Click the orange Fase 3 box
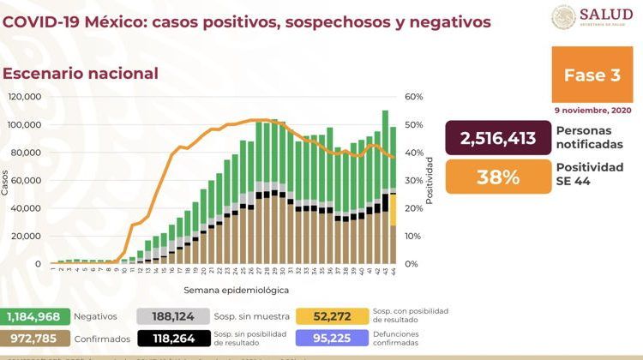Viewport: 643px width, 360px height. (x=592, y=75)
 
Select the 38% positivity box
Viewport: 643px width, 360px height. (x=498, y=177)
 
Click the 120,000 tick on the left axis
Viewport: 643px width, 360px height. (x=24, y=97)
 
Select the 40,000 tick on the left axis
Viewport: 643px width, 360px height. (x=27, y=208)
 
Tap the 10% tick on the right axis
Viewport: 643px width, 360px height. (x=413, y=236)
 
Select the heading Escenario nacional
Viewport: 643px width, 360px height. (x=81, y=73)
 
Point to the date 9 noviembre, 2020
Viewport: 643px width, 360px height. (x=592, y=111)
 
